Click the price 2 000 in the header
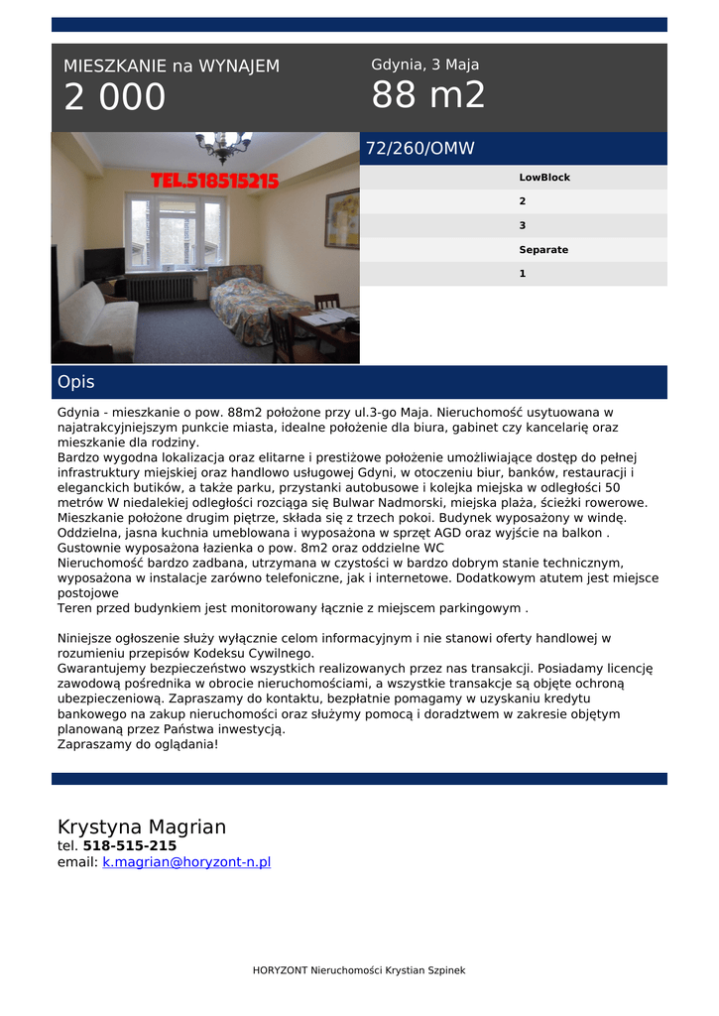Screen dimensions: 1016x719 tap(115, 97)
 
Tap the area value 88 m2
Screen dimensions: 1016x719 tap(428, 95)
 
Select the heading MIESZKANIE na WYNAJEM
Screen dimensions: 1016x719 tap(172, 66)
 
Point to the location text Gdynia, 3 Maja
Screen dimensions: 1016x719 tap(424, 64)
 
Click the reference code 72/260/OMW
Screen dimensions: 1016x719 tap(420, 149)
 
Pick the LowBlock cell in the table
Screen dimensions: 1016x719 tap(544, 178)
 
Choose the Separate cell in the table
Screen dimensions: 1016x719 tap(543, 250)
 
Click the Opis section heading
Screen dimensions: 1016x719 tap(76, 382)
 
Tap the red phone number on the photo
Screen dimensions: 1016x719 tap(214, 181)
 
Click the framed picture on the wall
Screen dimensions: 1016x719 tap(342, 218)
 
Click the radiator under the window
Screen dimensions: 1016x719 tap(160, 288)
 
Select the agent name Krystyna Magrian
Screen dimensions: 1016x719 tap(142, 826)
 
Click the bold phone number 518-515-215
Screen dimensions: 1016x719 tap(130, 846)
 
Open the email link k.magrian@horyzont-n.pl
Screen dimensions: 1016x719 tap(186, 863)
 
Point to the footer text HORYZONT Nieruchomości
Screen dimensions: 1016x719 tap(359, 970)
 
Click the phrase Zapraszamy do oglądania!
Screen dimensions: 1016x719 tap(138, 743)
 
